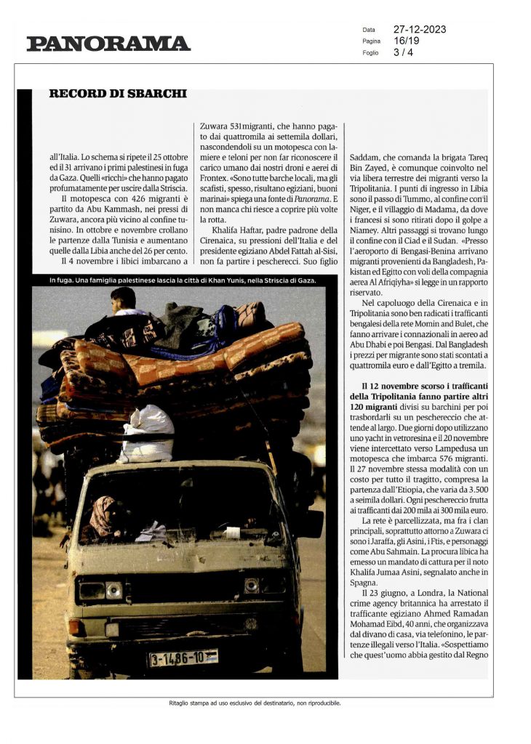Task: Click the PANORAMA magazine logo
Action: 108,44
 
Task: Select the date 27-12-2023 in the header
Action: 420,30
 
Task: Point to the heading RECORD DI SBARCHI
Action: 118,94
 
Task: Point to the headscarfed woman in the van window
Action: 103,516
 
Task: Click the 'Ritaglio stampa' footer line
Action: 249,703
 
